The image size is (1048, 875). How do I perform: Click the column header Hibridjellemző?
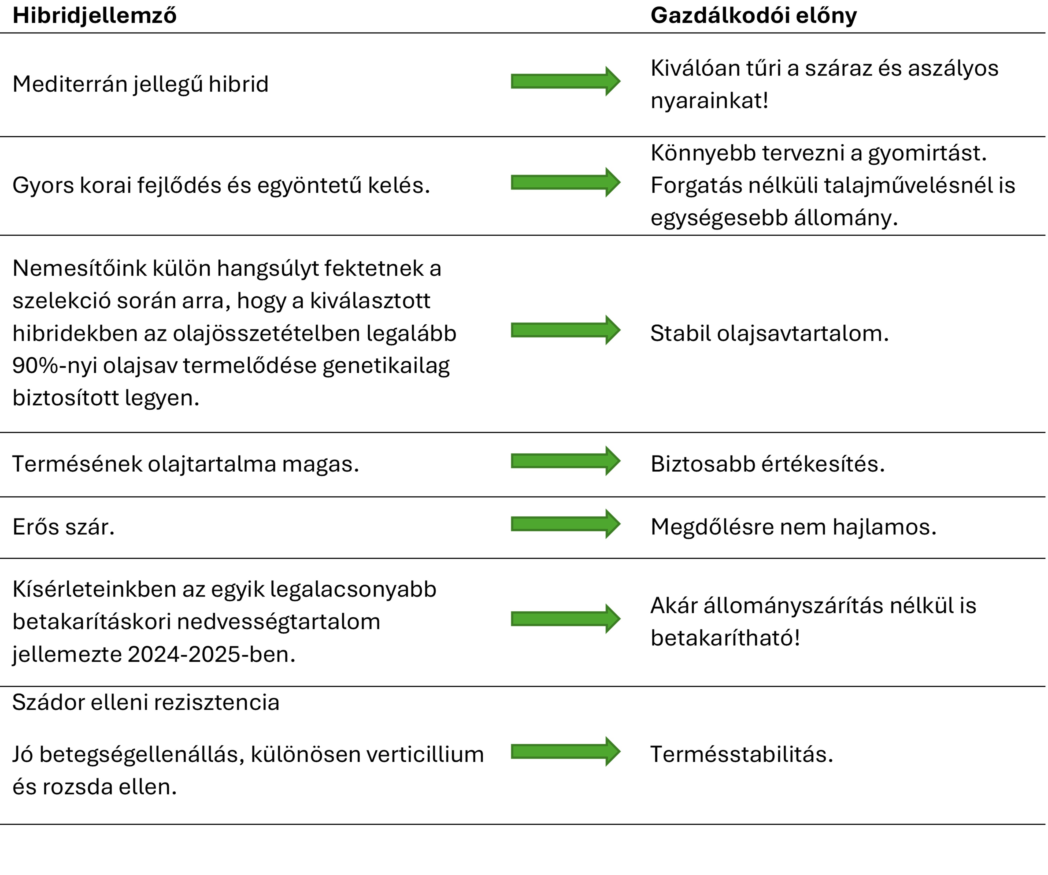click(x=94, y=16)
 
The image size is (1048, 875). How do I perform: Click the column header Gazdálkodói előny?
click(x=754, y=16)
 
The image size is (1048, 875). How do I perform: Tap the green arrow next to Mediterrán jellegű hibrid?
click(x=565, y=81)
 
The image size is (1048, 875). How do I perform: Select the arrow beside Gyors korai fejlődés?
click(x=565, y=182)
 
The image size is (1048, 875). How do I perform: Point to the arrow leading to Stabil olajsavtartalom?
click(x=565, y=330)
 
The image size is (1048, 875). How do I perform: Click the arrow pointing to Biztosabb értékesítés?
click(x=565, y=461)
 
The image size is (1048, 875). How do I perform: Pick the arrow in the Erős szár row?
click(x=565, y=524)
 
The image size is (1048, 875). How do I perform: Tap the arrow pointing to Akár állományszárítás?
click(x=565, y=619)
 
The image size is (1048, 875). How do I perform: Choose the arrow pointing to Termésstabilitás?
click(x=565, y=751)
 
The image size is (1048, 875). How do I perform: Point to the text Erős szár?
click(x=63, y=527)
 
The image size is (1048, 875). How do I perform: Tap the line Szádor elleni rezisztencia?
click(x=146, y=702)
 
